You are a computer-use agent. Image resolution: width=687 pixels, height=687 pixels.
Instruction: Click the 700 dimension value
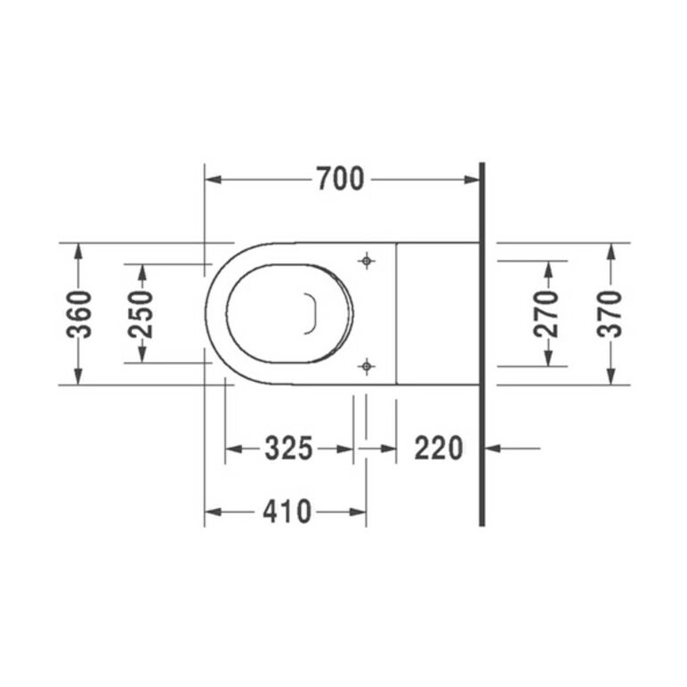pyautogui.click(x=341, y=178)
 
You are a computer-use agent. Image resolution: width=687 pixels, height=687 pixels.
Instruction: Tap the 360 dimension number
pyautogui.click(x=79, y=314)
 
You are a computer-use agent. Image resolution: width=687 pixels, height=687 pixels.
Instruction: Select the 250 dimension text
pyautogui.click(x=141, y=314)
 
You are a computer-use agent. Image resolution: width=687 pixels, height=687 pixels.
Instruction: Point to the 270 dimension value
pyautogui.click(x=546, y=314)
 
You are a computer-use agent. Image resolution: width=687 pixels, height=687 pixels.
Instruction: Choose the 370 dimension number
pyautogui.click(x=610, y=314)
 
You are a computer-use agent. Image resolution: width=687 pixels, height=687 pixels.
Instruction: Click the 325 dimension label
pyautogui.click(x=288, y=449)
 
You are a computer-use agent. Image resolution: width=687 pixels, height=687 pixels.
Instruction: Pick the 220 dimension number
pyautogui.click(x=439, y=449)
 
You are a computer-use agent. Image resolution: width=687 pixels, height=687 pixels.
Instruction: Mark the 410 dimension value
pyautogui.click(x=287, y=512)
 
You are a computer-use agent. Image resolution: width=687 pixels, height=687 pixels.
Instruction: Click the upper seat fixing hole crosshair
pyautogui.click(x=367, y=261)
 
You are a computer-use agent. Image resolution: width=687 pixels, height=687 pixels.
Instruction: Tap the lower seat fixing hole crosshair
pyautogui.click(x=367, y=366)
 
